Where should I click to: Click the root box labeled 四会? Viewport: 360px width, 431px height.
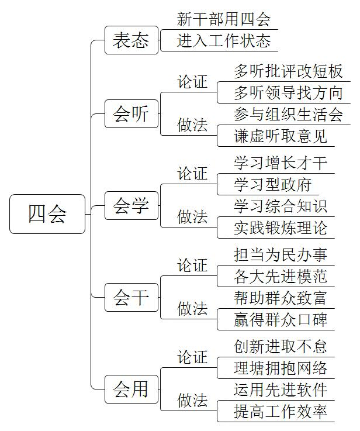pos(47,214)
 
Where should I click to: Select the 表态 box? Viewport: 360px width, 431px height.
pos(131,40)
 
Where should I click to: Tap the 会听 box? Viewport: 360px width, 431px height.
pos(131,114)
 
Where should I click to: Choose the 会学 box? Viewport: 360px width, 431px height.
pos(131,206)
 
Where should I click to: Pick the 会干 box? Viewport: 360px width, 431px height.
pos(131,298)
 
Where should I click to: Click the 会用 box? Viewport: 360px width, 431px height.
pos(131,389)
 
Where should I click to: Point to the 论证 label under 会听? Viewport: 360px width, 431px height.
pos(192,82)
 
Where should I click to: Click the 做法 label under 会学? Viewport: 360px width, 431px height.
pos(192,216)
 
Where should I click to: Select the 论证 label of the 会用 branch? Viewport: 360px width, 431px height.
pos(192,357)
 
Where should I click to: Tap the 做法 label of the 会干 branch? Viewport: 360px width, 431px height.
pos(192,308)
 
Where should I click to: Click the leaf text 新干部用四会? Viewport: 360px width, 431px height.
pos(223,19)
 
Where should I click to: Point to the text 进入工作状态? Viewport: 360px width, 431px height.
pos(223,41)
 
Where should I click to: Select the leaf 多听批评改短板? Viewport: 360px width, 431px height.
pos(288,71)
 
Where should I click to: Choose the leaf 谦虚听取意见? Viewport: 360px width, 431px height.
pos(281,136)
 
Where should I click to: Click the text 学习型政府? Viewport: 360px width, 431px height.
pos(273,184)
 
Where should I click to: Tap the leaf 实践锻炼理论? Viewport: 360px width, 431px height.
pos(281,228)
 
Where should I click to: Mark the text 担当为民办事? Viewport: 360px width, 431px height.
pos(281,254)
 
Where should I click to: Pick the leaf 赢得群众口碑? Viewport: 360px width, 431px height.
pos(281,320)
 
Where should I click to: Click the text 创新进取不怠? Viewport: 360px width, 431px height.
pos(281,346)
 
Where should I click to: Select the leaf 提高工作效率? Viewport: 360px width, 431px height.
pos(281,412)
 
